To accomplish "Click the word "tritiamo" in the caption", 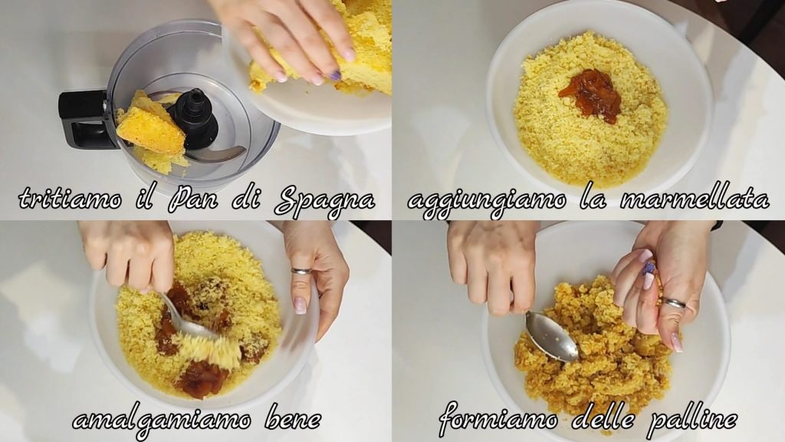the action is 71,199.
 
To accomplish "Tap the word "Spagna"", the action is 325,200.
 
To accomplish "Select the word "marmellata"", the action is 695,199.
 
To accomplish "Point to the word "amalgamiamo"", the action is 162,419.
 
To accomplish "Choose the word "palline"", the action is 692,419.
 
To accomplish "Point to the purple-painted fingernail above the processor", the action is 336,76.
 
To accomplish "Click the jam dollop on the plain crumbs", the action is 591,95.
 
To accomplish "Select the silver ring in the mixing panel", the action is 301,271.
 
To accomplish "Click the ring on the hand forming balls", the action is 675,303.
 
